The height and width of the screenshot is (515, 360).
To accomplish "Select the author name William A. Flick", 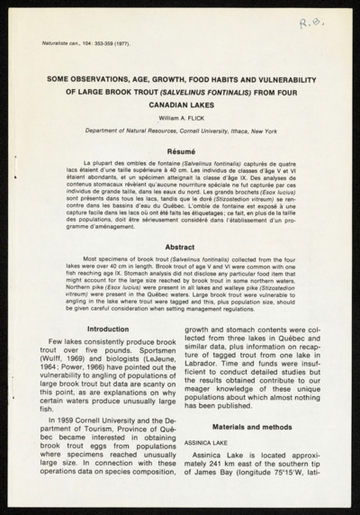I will [x=179, y=116].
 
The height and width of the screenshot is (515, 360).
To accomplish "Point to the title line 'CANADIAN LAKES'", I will [x=179, y=104].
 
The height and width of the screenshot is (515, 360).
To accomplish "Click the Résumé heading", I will [x=179, y=152].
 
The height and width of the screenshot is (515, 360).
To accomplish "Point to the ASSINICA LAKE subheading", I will [x=210, y=444].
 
